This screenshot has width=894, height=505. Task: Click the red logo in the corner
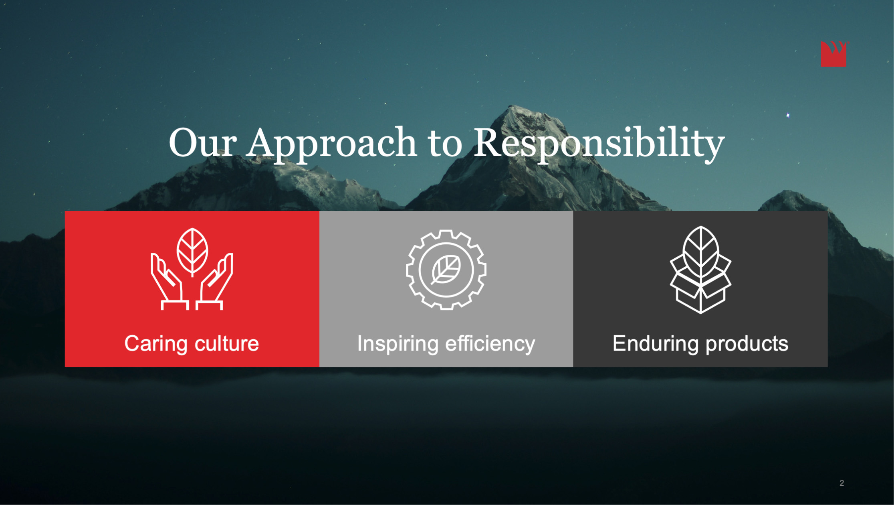(x=834, y=54)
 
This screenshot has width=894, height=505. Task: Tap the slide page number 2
(x=842, y=483)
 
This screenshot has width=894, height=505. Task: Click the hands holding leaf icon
(x=192, y=269)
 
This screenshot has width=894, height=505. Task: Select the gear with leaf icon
(x=446, y=270)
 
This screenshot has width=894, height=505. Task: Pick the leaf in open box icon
(x=700, y=270)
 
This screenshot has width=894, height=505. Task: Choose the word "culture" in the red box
(x=227, y=344)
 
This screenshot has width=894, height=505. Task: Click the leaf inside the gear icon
(x=446, y=270)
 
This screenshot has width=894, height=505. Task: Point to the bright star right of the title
(x=788, y=116)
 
